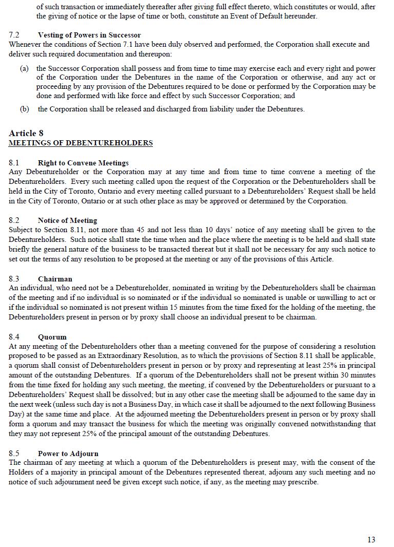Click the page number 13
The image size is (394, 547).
coord(371,539)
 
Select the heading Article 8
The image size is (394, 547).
coord(26,134)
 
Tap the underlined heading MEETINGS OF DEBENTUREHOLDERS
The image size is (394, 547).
coord(81,143)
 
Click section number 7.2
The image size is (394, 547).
coord(14,35)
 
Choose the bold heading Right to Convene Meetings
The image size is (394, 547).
coord(83,163)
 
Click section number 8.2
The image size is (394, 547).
coord(14,220)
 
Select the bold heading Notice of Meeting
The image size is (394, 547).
coord(67,220)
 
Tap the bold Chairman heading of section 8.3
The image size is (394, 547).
coord(55,279)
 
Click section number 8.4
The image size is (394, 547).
coord(14,337)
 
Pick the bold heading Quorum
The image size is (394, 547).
coord(52,337)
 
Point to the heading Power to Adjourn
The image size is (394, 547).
coord(68,454)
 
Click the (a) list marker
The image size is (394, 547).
coord(24,68)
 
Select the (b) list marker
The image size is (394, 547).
coord(24,109)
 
